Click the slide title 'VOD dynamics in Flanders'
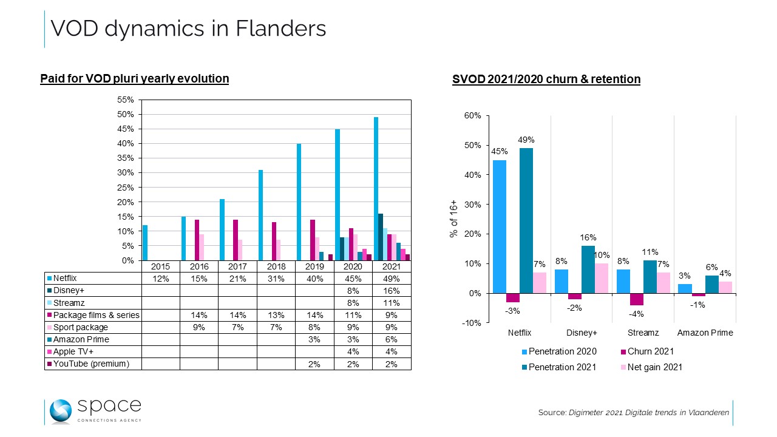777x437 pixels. [188, 29]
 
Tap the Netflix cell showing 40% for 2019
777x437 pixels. [314, 278]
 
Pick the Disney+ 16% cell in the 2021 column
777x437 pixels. [392, 290]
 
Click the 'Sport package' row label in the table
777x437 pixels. [80, 327]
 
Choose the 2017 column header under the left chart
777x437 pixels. [237, 266]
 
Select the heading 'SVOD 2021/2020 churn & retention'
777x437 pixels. [546, 80]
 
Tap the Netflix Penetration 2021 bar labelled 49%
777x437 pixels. [526, 220]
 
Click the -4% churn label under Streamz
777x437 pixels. [636, 314]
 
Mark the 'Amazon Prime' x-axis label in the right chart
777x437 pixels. [705, 333]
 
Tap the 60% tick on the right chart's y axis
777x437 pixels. [473, 115]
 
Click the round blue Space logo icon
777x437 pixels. [61, 412]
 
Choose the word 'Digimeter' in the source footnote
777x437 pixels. [588, 413]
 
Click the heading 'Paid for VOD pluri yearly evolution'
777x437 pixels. [134, 79]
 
